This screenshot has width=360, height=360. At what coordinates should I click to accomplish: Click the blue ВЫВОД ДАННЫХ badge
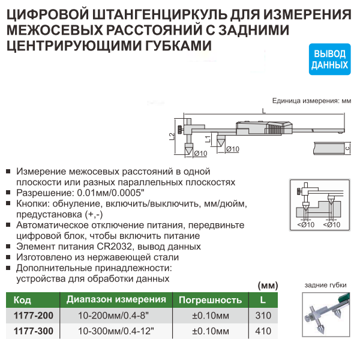329,59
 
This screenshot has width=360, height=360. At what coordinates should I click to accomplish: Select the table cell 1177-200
33,316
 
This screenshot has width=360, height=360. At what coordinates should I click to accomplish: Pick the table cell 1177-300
33,331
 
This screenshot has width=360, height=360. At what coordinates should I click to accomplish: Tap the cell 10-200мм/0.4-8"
113,316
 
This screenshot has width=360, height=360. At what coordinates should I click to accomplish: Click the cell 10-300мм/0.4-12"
116,331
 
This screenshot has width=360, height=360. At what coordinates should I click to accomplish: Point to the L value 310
263,316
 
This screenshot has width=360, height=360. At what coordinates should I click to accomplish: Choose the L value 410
263,331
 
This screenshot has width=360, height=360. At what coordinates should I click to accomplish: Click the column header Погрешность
211,300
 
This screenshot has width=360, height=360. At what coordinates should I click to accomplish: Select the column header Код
22,300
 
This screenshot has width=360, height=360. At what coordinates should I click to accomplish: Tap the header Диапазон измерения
116,299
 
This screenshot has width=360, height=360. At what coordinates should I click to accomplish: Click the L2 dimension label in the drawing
172,137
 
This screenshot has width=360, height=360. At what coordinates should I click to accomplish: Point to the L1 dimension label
208,139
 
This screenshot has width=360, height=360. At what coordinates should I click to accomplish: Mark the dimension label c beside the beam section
347,148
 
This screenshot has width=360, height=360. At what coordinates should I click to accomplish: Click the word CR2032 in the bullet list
115,247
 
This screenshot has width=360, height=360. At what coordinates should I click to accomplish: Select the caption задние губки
325,285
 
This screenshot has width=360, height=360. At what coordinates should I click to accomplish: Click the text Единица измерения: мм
311,101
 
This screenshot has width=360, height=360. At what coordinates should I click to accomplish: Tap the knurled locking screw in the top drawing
181,130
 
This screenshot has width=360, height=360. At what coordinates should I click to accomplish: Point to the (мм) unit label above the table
268,286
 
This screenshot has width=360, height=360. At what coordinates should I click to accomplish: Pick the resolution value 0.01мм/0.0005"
110,193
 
